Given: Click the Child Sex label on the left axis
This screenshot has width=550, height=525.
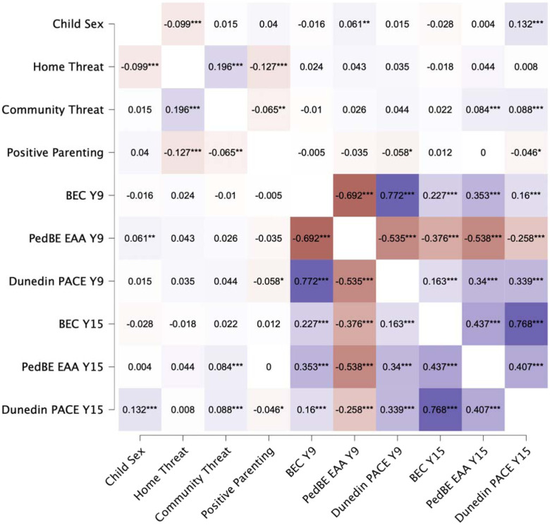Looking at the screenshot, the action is pos(78,24).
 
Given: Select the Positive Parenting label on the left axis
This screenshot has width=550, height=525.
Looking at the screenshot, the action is pos(55,152).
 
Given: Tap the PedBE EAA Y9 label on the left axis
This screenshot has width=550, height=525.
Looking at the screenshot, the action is pos(66,238).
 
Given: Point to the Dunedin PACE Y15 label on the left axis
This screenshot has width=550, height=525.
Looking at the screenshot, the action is pos(53,409).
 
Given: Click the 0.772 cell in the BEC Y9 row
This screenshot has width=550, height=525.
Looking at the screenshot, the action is pos(398,195).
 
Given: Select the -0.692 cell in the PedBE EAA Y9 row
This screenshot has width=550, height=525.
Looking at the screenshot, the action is pos(312,238).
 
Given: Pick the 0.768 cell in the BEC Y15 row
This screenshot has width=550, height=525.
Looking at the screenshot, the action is pos(526,324).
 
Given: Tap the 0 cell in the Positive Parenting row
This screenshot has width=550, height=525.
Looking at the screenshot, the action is pos(483,152).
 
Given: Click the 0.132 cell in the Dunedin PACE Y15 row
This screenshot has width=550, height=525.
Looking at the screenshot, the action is pos(140,409).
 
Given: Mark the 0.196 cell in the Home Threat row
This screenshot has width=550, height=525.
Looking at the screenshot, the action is pos(226,66).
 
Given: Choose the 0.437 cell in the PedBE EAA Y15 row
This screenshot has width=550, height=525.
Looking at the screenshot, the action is pos(440,366).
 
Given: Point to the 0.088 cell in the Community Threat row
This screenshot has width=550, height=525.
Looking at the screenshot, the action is pos(526,110).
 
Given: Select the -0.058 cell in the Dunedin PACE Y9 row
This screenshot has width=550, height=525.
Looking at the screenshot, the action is pos(269,281).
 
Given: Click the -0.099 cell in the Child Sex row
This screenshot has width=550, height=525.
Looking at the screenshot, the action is pos(183,24).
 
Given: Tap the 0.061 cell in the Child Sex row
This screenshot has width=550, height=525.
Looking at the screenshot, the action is pos(354,24).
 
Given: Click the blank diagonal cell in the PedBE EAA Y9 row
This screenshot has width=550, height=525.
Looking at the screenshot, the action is pos(354,238).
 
